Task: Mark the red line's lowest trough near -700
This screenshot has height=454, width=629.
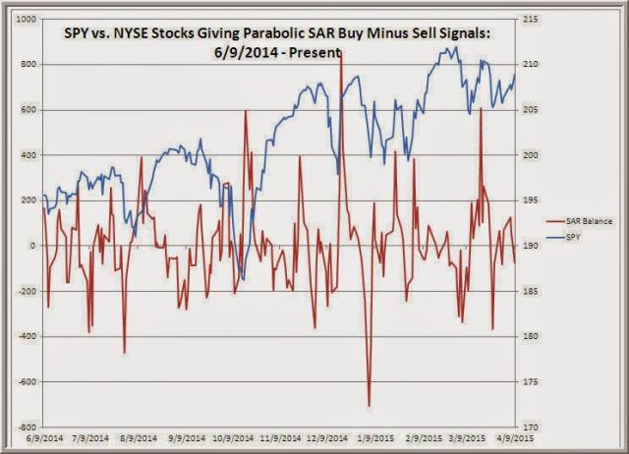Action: [x=370, y=405]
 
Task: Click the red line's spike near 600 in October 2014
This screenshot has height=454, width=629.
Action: [x=245, y=110]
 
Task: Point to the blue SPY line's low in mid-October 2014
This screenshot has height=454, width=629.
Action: [x=242, y=278]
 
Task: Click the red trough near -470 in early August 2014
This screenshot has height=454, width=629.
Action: [x=125, y=352]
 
